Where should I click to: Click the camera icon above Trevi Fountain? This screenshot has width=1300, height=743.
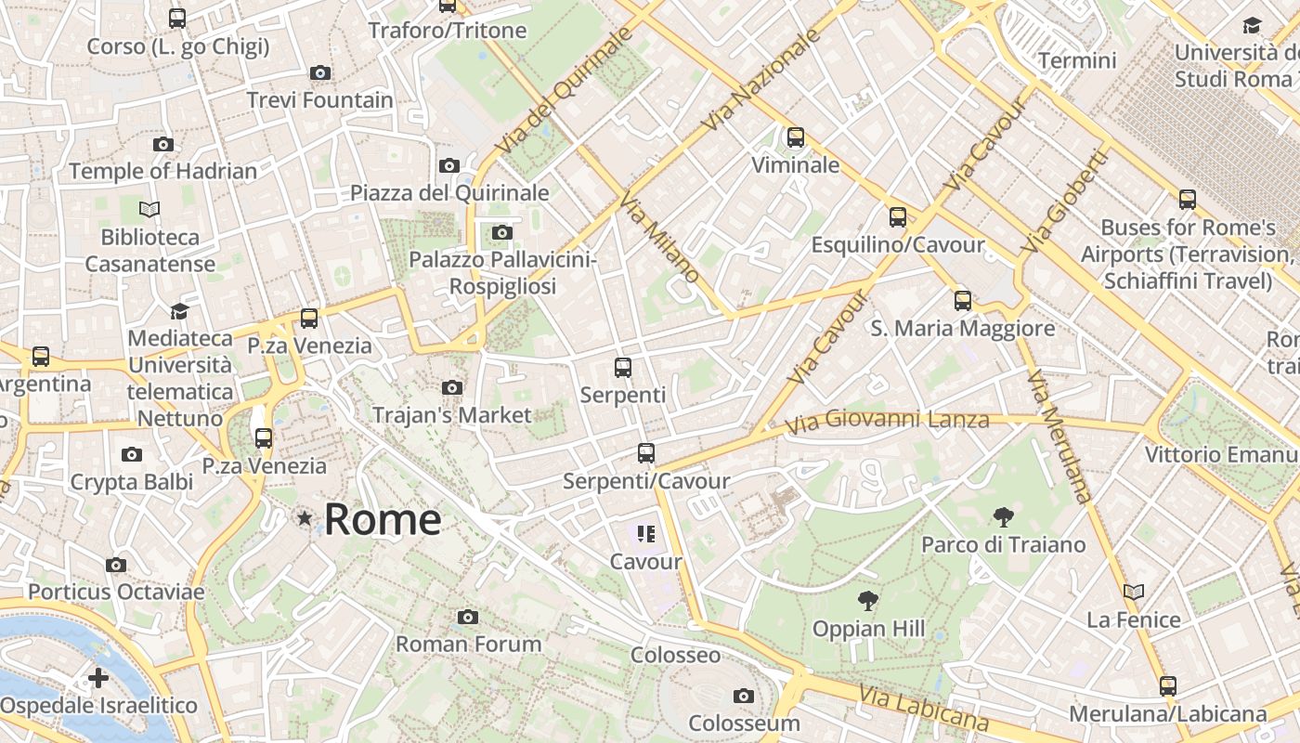tap(320, 72)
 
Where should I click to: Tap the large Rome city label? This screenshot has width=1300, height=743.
tap(383, 519)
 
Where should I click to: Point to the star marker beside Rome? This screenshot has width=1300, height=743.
tap(305, 518)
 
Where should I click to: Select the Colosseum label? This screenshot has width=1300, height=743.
tap(744, 723)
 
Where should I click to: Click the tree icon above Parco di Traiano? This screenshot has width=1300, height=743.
tap(1003, 517)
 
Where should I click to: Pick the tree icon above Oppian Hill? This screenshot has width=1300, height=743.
tap(868, 601)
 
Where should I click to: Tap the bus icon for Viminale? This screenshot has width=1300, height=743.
tap(796, 137)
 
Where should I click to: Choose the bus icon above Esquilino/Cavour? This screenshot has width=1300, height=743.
tap(898, 217)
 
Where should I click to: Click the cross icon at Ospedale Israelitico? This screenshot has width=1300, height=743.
tap(98, 678)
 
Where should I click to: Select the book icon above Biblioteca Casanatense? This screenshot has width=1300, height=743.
tap(149, 210)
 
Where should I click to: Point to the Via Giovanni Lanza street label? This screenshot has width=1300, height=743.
tap(887, 421)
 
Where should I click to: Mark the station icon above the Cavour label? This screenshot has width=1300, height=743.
tap(646, 534)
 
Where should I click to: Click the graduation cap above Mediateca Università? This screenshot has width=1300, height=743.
tap(179, 311)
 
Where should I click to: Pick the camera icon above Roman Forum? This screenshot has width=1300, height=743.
tap(468, 617)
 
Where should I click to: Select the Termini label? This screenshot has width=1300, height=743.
tap(1077, 61)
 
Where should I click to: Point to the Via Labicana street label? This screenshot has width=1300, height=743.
tap(923, 708)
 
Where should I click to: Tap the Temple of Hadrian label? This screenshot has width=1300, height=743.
tap(163, 171)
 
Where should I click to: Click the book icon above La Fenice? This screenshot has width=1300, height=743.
tap(1133, 592)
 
